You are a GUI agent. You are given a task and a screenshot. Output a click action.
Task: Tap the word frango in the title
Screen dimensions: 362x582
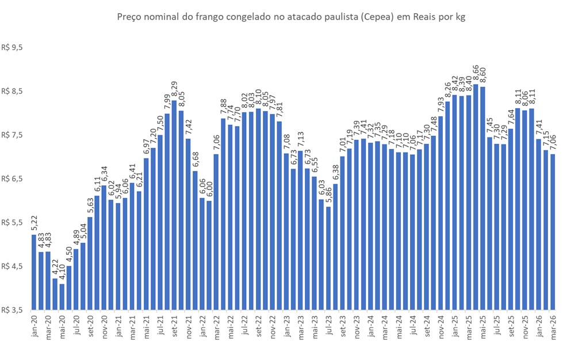(213, 17)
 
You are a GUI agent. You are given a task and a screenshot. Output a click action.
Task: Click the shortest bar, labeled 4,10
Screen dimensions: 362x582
(62, 296)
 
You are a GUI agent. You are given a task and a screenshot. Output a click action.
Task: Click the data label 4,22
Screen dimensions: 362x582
(55, 268)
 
